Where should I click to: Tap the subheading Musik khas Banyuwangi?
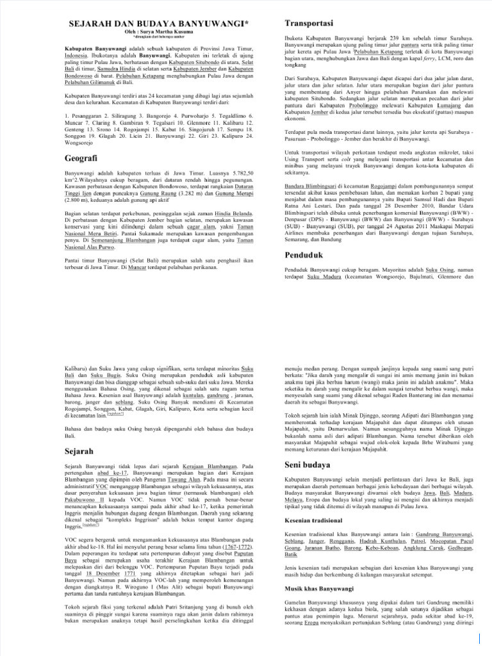(x=321, y=588)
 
